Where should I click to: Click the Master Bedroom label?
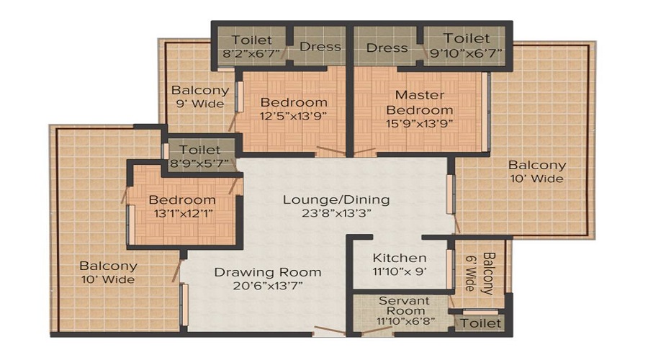point(420,102)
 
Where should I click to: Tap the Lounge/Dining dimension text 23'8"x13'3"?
point(336,213)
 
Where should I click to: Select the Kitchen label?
point(399,258)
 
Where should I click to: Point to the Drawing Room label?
point(267,272)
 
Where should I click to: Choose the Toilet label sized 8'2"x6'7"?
point(252,40)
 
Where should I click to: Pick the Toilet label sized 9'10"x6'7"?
point(466,38)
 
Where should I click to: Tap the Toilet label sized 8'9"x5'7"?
point(200,150)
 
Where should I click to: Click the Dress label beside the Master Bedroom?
point(387,48)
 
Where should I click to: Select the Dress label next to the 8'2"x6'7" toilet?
point(320,47)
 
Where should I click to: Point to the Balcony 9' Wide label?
point(199,96)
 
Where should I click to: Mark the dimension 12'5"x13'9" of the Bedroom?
point(294,116)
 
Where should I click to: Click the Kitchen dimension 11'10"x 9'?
point(399,271)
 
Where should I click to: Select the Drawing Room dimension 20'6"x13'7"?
point(267,286)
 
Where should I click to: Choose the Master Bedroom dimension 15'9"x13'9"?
point(420,124)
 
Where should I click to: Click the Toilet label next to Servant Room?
point(480,323)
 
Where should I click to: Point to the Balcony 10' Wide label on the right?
point(536,171)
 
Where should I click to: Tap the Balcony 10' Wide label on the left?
point(108,272)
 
